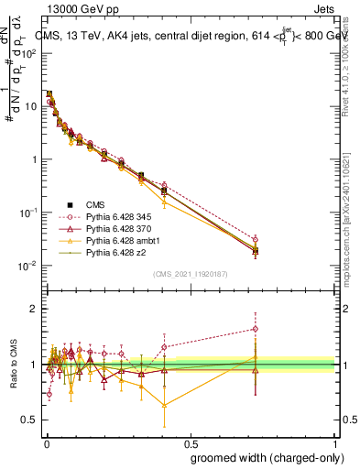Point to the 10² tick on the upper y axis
tap(30, 52)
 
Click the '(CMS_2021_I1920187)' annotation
tap(190, 274)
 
